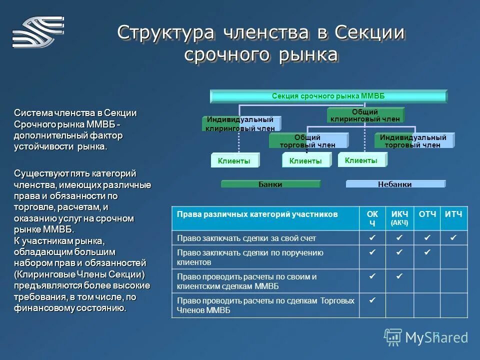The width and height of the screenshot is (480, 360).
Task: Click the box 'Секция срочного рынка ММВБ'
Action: click(328, 96)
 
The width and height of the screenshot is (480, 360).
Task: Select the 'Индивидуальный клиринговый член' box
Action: click(240, 123)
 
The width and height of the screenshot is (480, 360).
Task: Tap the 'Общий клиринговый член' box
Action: click(365, 115)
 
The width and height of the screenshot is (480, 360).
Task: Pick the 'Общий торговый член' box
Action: click(307, 141)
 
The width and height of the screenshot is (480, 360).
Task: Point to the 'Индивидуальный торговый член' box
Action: click(413, 141)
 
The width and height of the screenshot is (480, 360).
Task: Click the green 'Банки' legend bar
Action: click(270, 184)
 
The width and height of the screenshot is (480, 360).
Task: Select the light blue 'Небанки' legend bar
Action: click(395, 184)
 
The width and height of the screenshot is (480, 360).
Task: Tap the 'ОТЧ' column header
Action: click(427, 214)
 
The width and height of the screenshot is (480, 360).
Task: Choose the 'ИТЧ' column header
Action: click(454, 214)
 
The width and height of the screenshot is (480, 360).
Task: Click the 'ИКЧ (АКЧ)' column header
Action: click(399, 218)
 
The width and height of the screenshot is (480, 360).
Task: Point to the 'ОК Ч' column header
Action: click(372, 218)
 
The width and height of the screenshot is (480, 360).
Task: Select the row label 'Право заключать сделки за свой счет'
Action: click(246, 238)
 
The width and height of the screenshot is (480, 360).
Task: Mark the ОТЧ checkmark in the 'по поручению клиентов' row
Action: click(427, 253)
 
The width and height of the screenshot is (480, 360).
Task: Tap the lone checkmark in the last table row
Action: click(372, 300)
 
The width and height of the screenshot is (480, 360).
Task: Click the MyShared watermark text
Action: click(435, 337)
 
